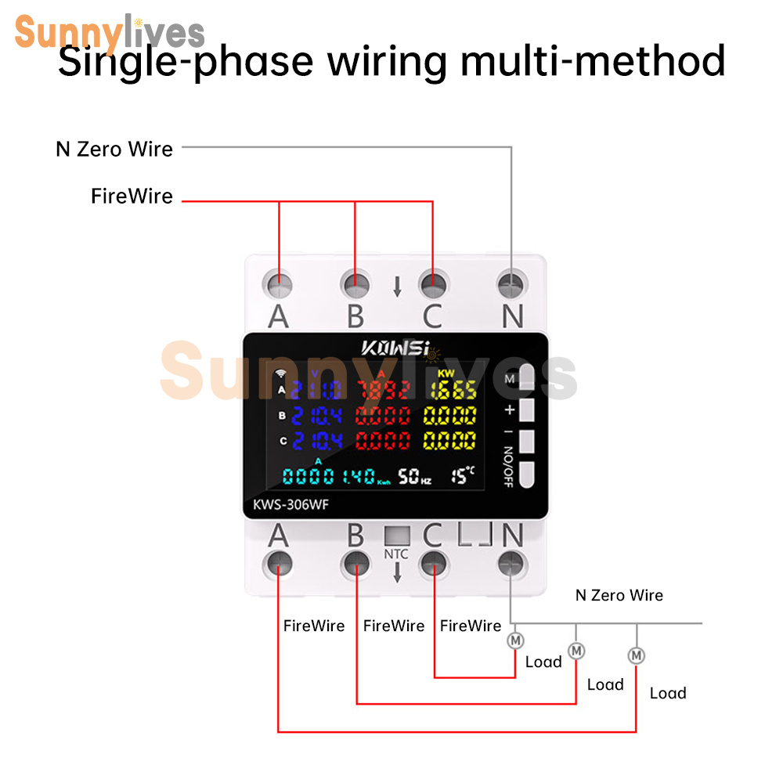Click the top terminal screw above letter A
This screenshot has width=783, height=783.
pos(279,283)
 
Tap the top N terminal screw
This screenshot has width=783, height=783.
pos(511,283)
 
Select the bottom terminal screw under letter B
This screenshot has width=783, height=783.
pos(355,562)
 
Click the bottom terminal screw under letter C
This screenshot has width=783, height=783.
pos(432,562)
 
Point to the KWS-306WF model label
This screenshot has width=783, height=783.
pos(290,505)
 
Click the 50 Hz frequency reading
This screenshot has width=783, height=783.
pos(414,475)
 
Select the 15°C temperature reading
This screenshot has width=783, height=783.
pos(463,474)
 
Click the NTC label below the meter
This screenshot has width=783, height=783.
pos(396,554)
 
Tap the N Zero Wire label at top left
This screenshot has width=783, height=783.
pos(114,149)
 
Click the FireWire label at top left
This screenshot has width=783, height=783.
pos(132,197)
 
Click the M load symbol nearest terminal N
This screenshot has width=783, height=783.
pos(515,640)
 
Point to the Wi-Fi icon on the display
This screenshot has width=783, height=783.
pos(281,373)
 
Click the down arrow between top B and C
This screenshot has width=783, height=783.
pos(397,287)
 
